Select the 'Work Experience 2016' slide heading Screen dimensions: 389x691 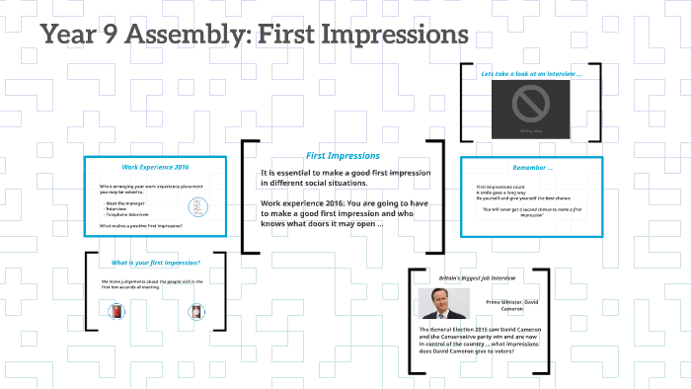pos(156,167)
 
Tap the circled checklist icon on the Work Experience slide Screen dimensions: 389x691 pos(197,207)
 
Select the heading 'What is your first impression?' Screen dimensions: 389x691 pos(156,263)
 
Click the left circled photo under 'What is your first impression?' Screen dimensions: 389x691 pos(115,313)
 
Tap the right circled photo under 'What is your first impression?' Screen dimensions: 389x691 pos(195,313)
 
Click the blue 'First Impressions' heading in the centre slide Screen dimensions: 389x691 pos(342,156)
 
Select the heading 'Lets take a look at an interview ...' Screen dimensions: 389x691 pos(531,74)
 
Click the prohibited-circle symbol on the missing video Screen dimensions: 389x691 pos(530,103)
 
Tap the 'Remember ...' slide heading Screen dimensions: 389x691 pos(532,167)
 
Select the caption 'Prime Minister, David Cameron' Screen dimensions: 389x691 pos(513,305)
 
